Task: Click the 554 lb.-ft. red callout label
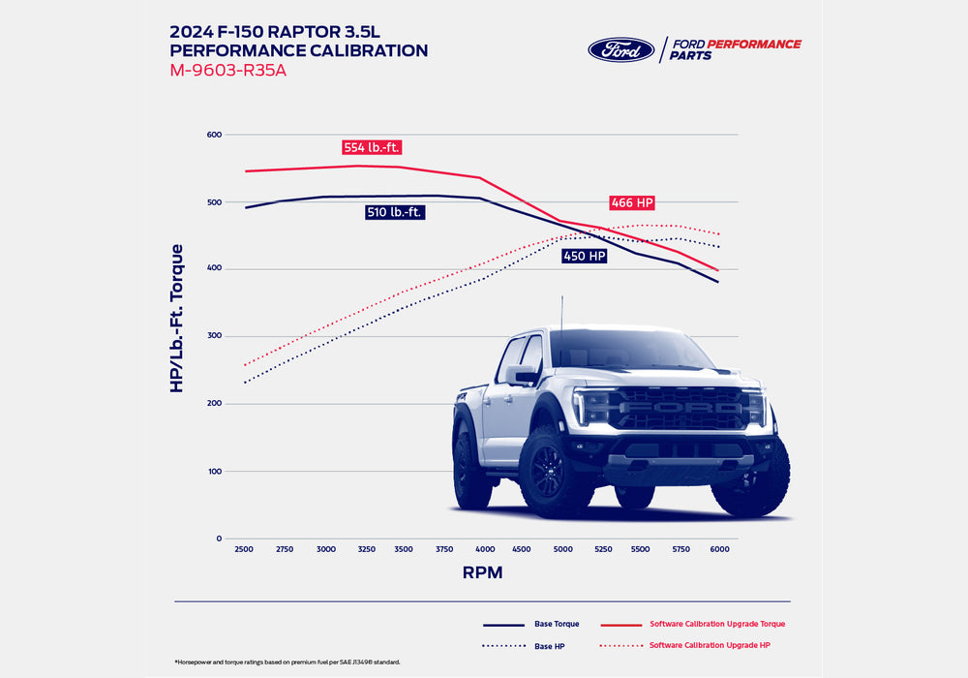(372, 148)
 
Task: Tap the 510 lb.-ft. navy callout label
(395, 212)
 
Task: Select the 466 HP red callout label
(632, 203)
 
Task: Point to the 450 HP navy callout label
(585, 257)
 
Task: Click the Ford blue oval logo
(621, 50)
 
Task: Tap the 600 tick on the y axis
(214, 135)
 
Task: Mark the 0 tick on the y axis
(219, 539)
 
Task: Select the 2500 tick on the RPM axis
(244, 549)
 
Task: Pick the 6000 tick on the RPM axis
(719, 549)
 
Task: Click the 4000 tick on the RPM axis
(486, 549)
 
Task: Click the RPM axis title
(482, 572)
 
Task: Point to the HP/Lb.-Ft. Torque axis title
(177, 318)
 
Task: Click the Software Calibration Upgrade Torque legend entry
(716, 624)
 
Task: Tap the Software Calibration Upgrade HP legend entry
(710, 645)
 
